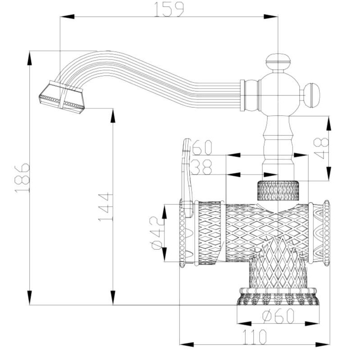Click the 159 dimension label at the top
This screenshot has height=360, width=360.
(x=169, y=9)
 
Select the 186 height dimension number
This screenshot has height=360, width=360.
(x=22, y=178)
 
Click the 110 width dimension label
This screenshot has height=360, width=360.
(x=255, y=337)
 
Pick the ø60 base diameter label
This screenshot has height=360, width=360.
(x=278, y=316)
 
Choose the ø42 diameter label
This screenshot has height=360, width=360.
(x=157, y=233)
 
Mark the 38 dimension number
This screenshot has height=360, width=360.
(x=201, y=167)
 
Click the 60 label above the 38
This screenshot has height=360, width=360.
(x=202, y=148)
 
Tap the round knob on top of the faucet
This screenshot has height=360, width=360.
(x=278, y=62)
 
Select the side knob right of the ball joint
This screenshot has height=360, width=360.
(x=311, y=95)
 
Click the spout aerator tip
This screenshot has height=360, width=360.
(x=62, y=98)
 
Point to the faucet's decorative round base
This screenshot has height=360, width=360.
(x=278, y=297)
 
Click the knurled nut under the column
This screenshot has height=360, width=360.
(x=278, y=190)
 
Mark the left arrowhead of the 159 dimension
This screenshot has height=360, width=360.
(x=67, y=17)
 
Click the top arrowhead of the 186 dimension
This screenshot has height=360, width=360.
(x=30, y=58)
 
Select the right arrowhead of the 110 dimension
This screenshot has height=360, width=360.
(x=322, y=345)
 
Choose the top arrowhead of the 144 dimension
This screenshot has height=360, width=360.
(x=113, y=116)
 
